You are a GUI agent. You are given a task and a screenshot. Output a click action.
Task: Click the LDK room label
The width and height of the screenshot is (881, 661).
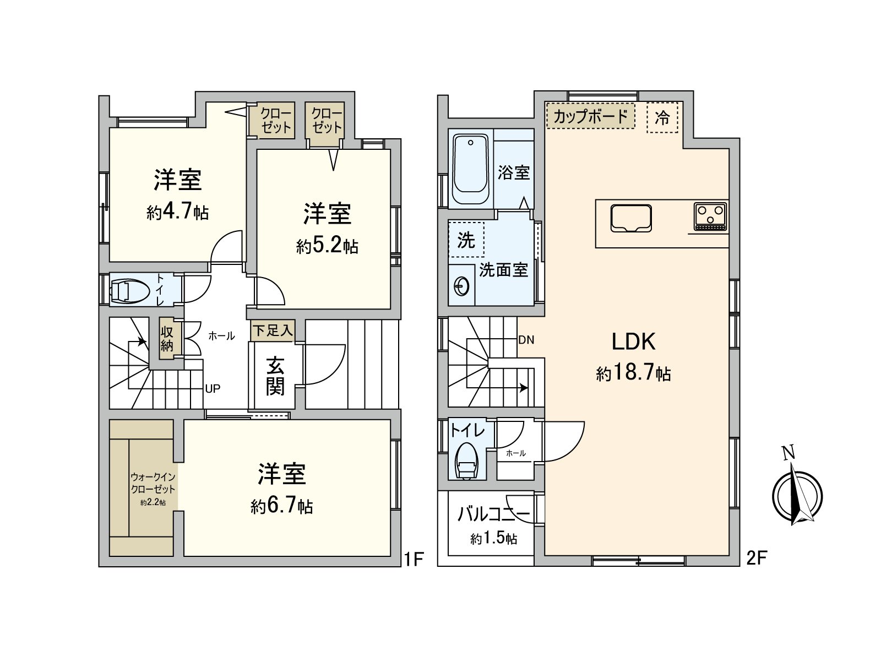[633, 342]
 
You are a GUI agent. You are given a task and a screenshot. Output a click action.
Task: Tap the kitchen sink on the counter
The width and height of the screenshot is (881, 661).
[631, 218]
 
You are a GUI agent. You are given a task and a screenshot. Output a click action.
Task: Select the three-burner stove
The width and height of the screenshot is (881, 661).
[710, 216]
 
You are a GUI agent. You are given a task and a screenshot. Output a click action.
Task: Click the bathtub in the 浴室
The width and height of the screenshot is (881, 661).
[471, 169]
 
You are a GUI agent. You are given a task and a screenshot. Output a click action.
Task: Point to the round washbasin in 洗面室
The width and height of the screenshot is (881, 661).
[461, 286]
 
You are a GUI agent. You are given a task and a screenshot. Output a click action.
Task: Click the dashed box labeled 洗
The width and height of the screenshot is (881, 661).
[466, 240]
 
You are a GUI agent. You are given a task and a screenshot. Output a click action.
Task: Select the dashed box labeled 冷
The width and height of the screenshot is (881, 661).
[662, 117]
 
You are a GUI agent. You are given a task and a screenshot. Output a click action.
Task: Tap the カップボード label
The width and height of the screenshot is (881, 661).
[590, 116]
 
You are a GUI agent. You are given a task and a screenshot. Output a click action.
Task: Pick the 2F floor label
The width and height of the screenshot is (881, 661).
[757, 559]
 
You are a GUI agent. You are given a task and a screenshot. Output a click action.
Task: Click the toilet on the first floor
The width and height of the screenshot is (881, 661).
[129, 290]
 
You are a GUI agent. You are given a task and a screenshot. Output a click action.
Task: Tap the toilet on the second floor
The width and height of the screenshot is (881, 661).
[467, 460]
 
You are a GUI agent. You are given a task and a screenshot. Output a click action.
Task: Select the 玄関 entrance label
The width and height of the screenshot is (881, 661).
[275, 376]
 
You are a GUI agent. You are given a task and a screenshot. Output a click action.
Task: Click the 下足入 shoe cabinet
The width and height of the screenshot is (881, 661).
[272, 330]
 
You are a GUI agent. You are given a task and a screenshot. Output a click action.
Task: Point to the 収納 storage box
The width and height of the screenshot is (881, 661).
[167, 338]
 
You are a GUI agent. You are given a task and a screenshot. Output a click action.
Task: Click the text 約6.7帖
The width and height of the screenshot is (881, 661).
[282, 506]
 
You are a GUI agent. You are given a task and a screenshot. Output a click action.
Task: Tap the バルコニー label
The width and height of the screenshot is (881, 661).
[493, 514]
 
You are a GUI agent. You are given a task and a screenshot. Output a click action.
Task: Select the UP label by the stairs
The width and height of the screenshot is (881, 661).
[213, 388]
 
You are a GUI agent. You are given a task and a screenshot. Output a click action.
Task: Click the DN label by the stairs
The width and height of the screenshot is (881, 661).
[526, 340]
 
